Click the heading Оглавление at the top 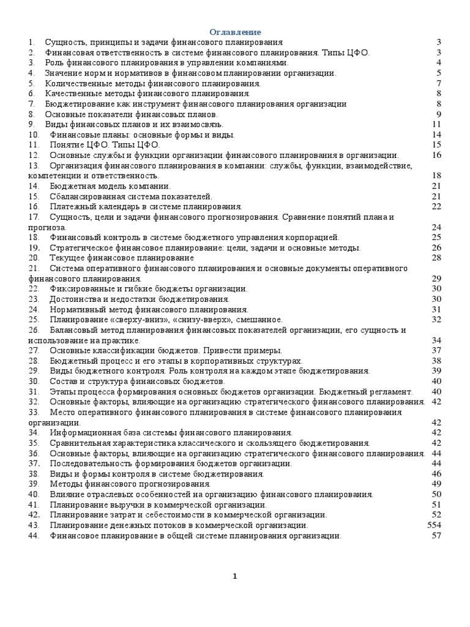click(x=235, y=32)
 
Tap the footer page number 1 click(x=235, y=576)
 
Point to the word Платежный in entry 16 click(x=69, y=206)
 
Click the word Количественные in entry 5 click(x=74, y=83)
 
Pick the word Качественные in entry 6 click(x=70, y=93)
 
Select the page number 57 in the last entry click(x=436, y=536)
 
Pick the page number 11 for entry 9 click(x=436, y=124)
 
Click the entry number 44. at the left click(x=34, y=536)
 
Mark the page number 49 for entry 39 click(x=436, y=484)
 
